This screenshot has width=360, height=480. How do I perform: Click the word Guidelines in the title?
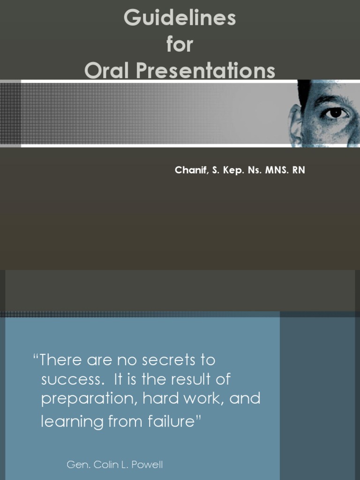click(180, 19)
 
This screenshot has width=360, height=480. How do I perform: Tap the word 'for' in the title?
click(180, 45)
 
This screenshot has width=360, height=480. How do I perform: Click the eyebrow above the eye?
click(331, 100)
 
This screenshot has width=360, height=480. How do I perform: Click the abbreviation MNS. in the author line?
click(277, 170)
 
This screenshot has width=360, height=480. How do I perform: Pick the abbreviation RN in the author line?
click(299, 170)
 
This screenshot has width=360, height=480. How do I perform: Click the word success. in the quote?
click(71, 379)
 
